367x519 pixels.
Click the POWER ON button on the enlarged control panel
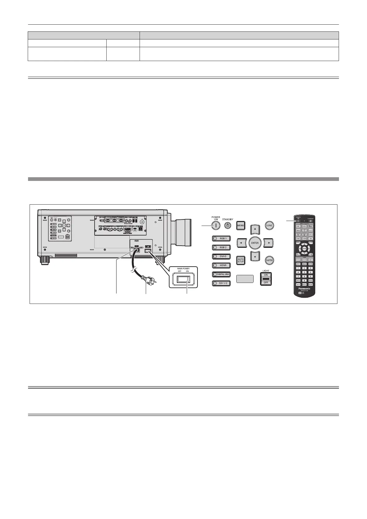216,226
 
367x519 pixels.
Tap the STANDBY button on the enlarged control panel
227,226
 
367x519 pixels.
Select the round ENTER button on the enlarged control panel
255,243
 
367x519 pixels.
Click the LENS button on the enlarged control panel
269,225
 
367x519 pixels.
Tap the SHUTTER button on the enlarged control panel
269,260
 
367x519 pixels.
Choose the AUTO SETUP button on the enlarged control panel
241,260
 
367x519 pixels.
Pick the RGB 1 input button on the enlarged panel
221,238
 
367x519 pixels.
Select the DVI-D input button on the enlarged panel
221,256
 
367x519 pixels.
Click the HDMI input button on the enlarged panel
221,265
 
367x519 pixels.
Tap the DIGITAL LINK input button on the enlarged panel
221,274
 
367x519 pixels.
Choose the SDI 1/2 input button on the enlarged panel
221,283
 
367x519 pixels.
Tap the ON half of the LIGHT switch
266,274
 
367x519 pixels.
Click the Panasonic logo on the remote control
304,288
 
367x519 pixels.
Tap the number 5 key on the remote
304,272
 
